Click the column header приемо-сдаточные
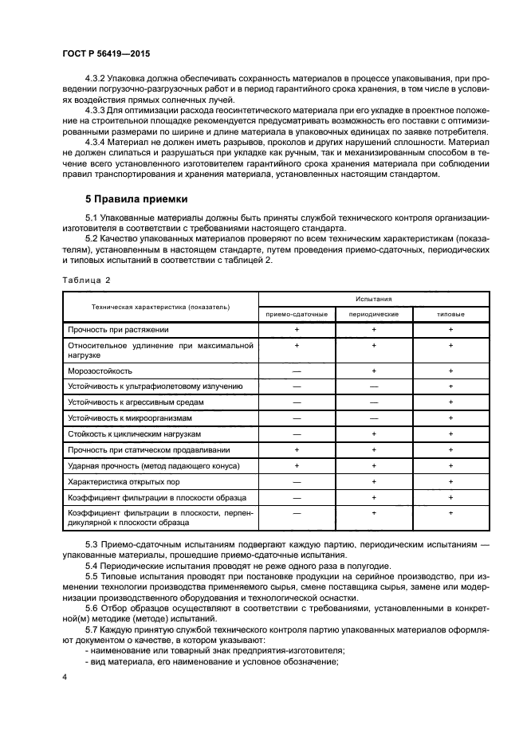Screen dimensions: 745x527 click(x=297, y=314)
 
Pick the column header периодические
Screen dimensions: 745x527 click(x=373, y=314)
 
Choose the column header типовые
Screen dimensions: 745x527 click(x=450, y=314)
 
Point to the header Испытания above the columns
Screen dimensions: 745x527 click(x=373, y=299)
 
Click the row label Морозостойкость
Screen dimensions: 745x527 click(x=100, y=371)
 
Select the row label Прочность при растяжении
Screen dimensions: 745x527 click(x=118, y=328)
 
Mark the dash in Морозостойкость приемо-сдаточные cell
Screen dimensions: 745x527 click(x=297, y=371)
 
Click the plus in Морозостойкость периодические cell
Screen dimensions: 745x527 click(x=373, y=371)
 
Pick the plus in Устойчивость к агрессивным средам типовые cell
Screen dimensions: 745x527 click(x=450, y=402)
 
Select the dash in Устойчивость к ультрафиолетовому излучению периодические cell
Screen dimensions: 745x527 click(x=373, y=386)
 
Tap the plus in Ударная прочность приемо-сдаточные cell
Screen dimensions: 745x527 click(x=297, y=465)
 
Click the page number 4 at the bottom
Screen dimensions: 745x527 click(x=65, y=676)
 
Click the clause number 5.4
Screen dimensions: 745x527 click(x=92, y=565)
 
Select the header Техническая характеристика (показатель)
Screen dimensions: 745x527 click(x=160, y=306)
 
